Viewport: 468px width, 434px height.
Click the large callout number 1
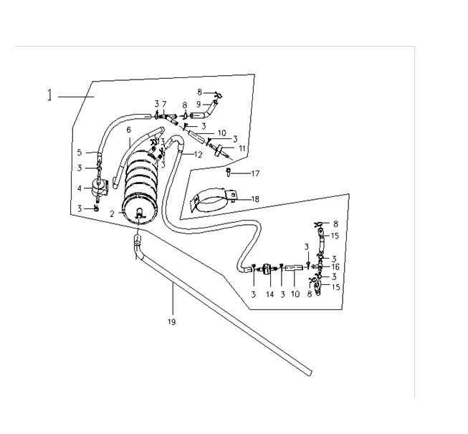pyautogui.click(x=50, y=95)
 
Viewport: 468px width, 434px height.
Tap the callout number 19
pyautogui.click(x=171, y=322)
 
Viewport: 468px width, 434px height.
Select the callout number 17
pyautogui.click(x=255, y=173)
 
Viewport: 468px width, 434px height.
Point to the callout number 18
pyautogui.click(x=255, y=199)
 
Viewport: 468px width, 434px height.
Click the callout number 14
pyautogui.click(x=269, y=294)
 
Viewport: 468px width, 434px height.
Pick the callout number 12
pyautogui.click(x=198, y=155)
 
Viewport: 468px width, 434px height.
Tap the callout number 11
pyautogui.click(x=242, y=148)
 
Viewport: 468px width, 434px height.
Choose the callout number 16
pyautogui.click(x=335, y=267)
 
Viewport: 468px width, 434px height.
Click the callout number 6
pyautogui.click(x=128, y=130)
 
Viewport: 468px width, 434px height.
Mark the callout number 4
pyautogui.click(x=80, y=188)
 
